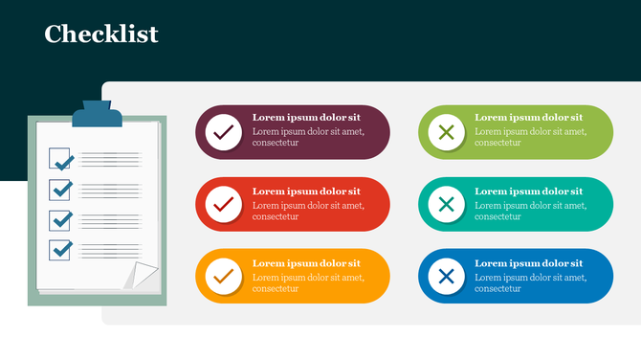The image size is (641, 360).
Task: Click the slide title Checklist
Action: pos(101,34)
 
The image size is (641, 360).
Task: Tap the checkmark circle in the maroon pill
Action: pos(224,131)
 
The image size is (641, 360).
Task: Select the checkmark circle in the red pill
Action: pos(224,204)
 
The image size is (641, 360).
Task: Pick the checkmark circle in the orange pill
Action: pos(224,277)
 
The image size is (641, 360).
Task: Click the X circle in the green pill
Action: pos(446,131)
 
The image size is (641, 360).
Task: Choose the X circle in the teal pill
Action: pos(446,204)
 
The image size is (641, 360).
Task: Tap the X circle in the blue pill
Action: pos(446,277)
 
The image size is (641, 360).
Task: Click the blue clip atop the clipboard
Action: pos(99,115)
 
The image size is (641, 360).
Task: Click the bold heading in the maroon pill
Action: pos(306,118)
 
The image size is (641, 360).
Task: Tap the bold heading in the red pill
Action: pos(306,191)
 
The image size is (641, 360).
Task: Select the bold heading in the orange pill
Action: pos(306,263)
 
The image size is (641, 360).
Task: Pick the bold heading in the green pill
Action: pos(528,118)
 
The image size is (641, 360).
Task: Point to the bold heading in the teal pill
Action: pos(528,191)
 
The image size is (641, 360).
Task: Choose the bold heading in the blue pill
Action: pos(528,263)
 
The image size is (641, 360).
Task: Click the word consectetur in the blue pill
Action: pos(497,288)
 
